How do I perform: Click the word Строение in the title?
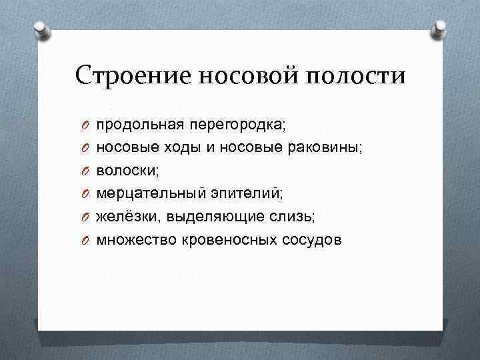[x=133, y=75]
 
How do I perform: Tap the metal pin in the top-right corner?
[x=441, y=29]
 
